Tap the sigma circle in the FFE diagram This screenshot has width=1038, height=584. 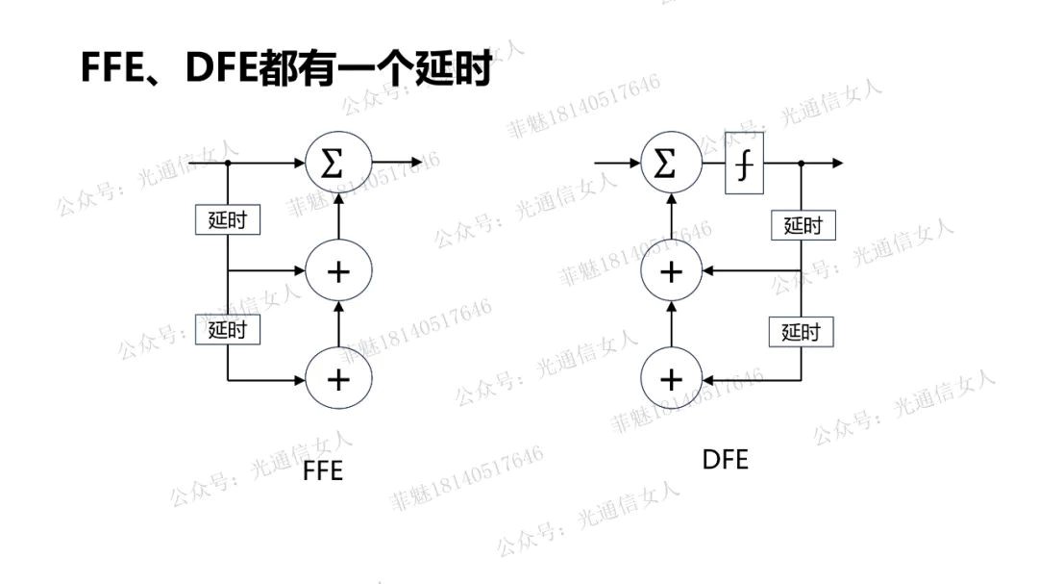click(338, 163)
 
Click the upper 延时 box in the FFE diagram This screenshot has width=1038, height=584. click(227, 219)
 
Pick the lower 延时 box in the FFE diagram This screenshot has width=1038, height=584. click(227, 330)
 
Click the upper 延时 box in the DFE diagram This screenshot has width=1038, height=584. click(803, 225)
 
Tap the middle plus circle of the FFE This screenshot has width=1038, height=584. click(338, 272)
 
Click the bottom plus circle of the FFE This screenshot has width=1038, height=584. click(338, 379)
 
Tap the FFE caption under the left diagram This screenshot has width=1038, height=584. click(322, 471)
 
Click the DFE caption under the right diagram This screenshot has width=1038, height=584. click(725, 459)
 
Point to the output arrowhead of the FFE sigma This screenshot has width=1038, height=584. click(415, 163)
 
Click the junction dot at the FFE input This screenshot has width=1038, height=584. click(227, 163)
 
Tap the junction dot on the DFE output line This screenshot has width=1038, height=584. click(802, 164)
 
